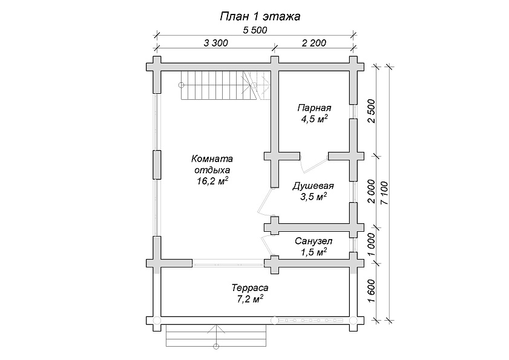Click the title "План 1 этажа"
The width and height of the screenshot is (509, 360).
click(260, 16)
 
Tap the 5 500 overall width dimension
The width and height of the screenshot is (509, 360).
click(255, 30)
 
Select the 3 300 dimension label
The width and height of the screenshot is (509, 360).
click(216, 43)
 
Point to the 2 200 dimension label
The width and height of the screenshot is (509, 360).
click(314, 43)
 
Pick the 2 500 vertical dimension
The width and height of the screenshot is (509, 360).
click(372, 111)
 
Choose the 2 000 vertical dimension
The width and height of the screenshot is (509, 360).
click(372, 192)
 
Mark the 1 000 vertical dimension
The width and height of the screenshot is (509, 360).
click(372, 244)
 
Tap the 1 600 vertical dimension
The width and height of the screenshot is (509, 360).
click(372, 291)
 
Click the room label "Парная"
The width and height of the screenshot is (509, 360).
click(314, 108)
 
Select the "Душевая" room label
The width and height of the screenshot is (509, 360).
click(314, 186)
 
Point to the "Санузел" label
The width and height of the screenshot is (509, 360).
click(314, 241)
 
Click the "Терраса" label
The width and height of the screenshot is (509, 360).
click(250, 288)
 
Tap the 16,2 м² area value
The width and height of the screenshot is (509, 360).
click(212, 181)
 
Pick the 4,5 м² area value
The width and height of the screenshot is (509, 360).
click(314, 119)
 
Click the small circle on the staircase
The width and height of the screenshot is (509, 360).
click(181, 85)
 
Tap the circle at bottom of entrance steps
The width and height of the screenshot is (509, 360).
click(216, 347)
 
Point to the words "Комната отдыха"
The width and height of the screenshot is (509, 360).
click(212, 164)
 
